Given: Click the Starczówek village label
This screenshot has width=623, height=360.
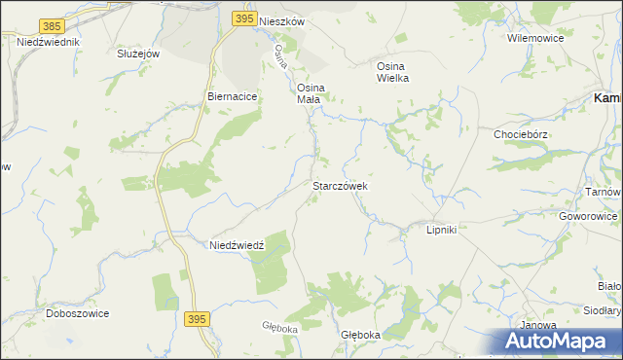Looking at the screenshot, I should (x=339, y=185).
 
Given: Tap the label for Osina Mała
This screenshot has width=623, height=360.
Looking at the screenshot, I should (x=311, y=91).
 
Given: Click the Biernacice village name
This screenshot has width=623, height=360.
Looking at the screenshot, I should (x=232, y=97).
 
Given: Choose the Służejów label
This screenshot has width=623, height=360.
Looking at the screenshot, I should (x=137, y=54).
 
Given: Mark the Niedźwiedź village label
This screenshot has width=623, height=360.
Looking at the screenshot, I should (x=238, y=245).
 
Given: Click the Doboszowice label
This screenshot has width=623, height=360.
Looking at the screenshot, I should (x=77, y=313).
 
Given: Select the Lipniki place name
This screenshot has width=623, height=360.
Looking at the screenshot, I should (x=442, y=230).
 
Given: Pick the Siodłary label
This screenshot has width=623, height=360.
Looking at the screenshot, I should (x=601, y=311).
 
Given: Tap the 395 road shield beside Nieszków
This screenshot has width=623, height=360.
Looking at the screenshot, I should (x=244, y=18).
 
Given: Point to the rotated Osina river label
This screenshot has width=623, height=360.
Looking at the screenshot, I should (x=283, y=55).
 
